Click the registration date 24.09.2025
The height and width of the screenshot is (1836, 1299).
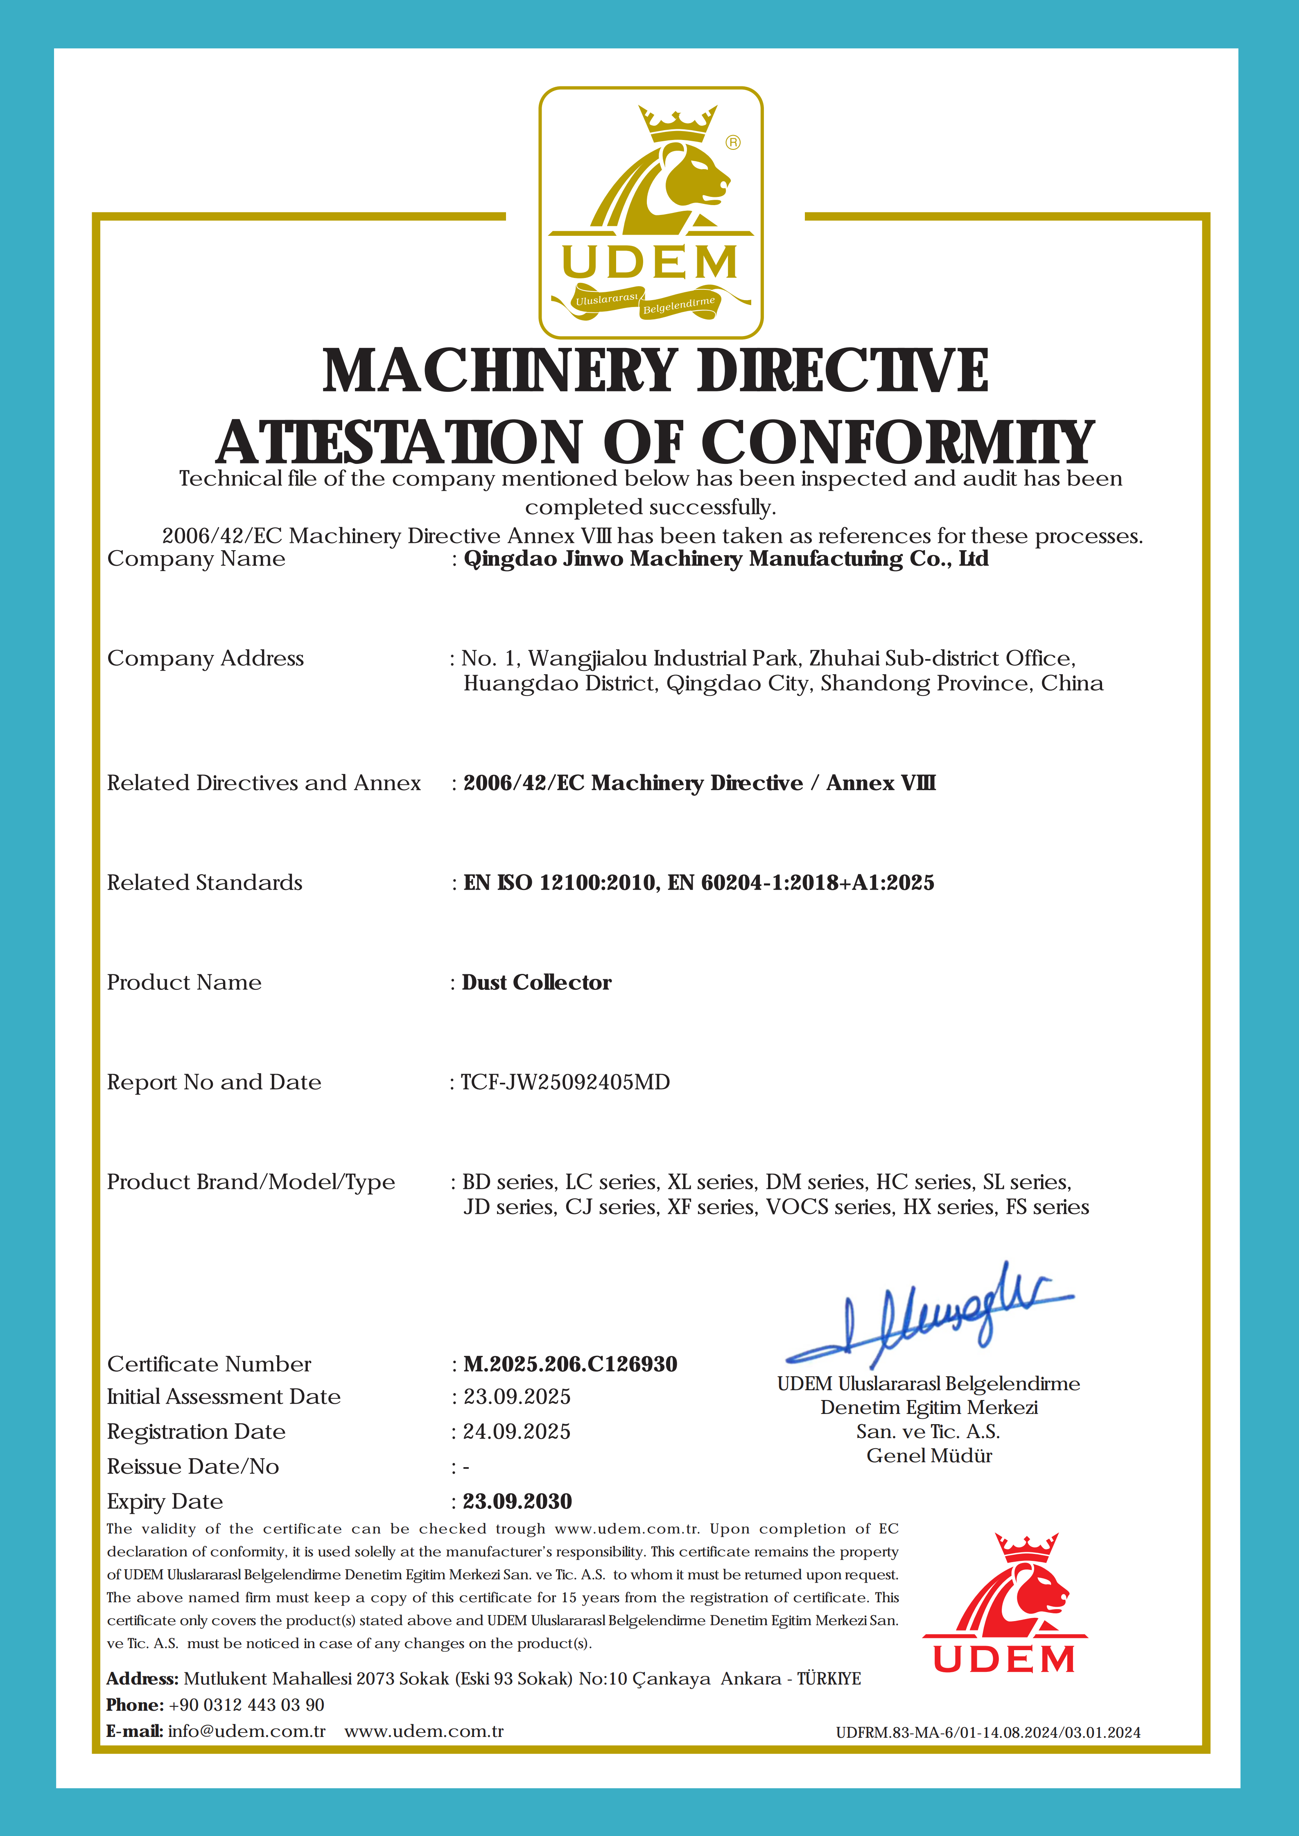pos(517,1432)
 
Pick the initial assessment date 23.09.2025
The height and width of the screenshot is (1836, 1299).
pos(517,1397)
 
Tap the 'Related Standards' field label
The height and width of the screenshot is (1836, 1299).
pos(205,883)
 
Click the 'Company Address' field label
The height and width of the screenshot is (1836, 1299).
pos(206,658)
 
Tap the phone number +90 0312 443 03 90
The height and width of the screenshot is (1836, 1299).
pos(246,1705)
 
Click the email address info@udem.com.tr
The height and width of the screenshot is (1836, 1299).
pos(246,1731)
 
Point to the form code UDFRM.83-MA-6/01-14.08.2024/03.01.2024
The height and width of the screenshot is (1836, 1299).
pos(988,1733)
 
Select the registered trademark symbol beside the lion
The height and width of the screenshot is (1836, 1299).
pos(733,142)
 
